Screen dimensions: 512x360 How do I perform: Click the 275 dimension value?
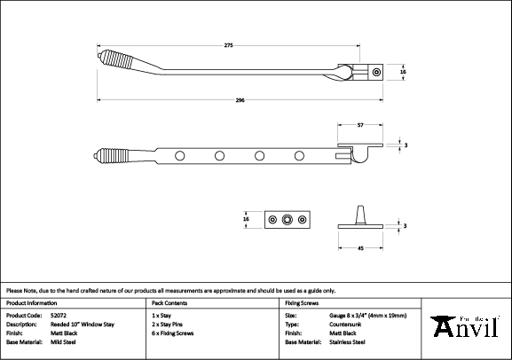pyautogui.click(x=229, y=45)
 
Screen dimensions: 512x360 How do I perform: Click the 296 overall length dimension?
pyautogui.click(x=240, y=100)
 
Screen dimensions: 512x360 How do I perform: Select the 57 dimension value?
pyautogui.click(x=360, y=125)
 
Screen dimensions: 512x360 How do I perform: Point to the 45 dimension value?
pyautogui.click(x=360, y=248)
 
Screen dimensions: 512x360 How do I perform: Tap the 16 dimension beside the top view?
pyautogui.click(x=403, y=72)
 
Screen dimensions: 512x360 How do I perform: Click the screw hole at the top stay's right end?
pyautogui.click(x=376, y=72)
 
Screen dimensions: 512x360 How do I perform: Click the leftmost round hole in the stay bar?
pyautogui.click(x=179, y=156)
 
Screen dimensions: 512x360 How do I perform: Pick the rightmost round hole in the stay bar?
pyautogui.click(x=299, y=156)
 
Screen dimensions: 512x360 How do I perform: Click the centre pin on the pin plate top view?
pyautogui.click(x=287, y=220)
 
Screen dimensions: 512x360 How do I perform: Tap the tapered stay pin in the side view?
pyautogui.click(x=360, y=215)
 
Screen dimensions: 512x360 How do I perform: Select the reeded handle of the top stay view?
pyautogui.click(x=117, y=59)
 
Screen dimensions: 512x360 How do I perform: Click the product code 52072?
pyautogui.click(x=59, y=316)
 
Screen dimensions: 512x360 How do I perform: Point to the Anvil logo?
pyautogui.click(x=465, y=326)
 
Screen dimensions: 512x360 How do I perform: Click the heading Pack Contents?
pyautogui.click(x=169, y=303)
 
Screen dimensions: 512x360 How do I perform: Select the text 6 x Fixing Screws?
pyautogui.click(x=173, y=333)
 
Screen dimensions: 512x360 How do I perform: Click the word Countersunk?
pyautogui.click(x=345, y=325)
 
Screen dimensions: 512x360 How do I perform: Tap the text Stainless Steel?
pyautogui.click(x=347, y=342)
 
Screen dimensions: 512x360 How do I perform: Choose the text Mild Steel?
pyautogui.click(x=63, y=342)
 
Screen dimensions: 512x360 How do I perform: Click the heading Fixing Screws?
pyautogui.click(x=302, y=303)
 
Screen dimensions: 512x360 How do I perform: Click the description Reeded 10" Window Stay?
pyautogui.click(x=83, y=325)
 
